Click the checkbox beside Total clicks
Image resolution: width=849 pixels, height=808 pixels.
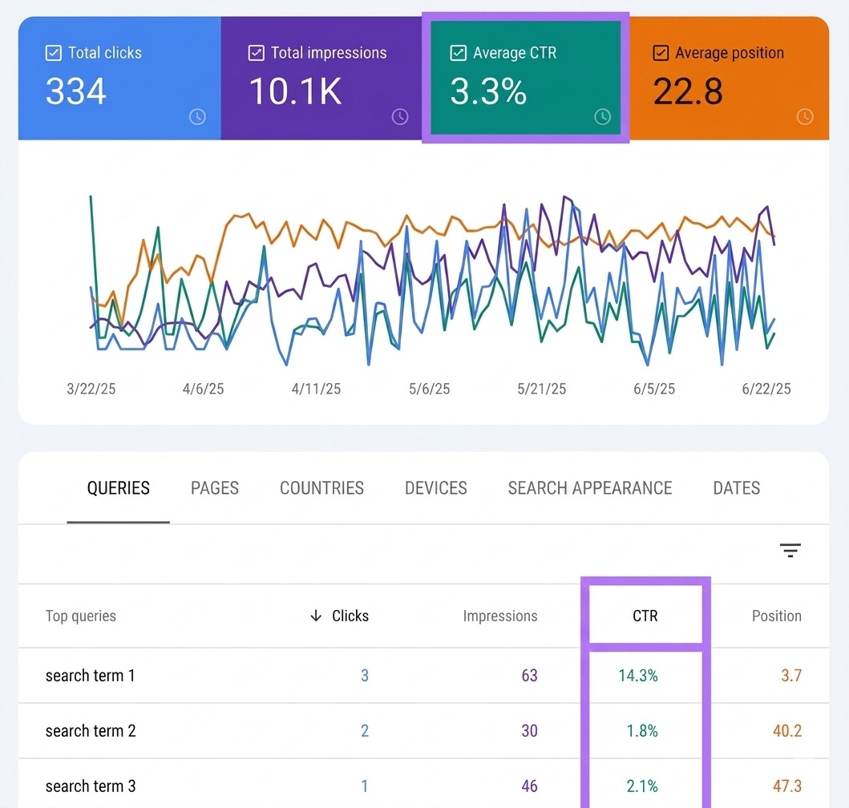point(53,53)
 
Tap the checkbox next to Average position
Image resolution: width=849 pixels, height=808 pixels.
point(661,53)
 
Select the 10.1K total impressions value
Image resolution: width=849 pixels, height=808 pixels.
point(296,91)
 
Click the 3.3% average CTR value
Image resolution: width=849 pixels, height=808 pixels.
point(488,91)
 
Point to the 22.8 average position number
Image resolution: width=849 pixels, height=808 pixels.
point(688,91)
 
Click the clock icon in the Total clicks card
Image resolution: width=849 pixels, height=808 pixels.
point(197,116)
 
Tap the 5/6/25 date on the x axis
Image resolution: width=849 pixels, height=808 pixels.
point(430,389)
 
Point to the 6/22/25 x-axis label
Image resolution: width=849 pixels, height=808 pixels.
point(766,389)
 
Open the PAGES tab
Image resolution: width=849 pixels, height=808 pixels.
point(214,488)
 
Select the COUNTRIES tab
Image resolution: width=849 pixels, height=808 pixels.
point(321,488)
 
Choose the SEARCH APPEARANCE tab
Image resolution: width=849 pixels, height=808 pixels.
point(589,488)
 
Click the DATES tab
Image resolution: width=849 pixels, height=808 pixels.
point(737,488)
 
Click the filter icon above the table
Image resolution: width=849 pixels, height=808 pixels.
point(790,550)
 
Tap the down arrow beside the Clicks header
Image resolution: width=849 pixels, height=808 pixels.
point(316,616)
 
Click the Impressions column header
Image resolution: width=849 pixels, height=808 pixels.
point(500,616)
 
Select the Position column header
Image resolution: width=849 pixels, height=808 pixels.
point(776,616)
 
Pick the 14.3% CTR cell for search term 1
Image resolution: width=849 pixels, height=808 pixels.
point(638,675)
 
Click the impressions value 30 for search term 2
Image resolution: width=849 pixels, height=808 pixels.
point(530,730)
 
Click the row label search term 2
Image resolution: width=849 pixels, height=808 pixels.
point(91,730)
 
